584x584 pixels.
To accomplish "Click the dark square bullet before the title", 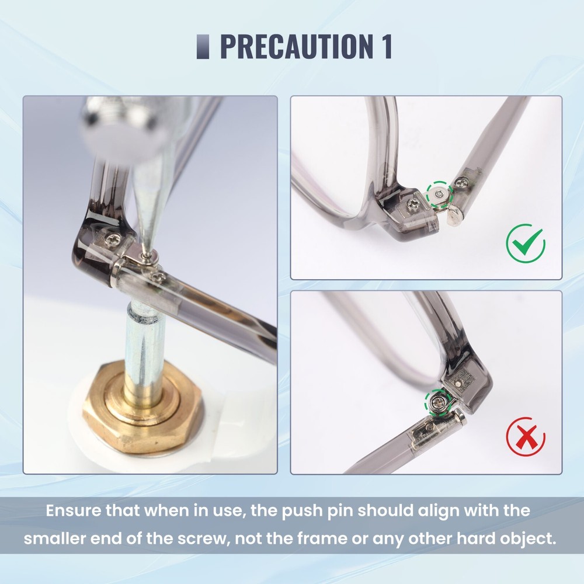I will [x=203, y=47].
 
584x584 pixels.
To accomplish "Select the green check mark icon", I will [x=525, y=244].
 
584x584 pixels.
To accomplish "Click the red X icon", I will [x=526, y=436].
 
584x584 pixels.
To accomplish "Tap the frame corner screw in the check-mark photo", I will [x=413, y=204].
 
